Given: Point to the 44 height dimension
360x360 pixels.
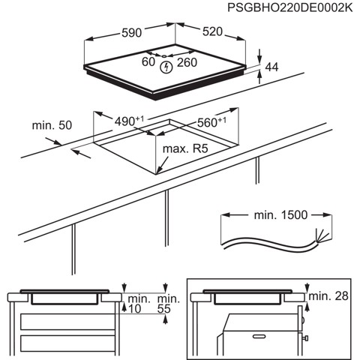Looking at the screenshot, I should [x=272, y=67].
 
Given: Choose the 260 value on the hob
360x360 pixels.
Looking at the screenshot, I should [x=187, y=62].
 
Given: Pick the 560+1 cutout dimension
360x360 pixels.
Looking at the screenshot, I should [x=212, y=122].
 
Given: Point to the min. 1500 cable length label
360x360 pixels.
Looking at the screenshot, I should [x=280, y=215].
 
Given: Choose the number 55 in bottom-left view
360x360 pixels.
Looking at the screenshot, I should [x=169, y=308].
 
